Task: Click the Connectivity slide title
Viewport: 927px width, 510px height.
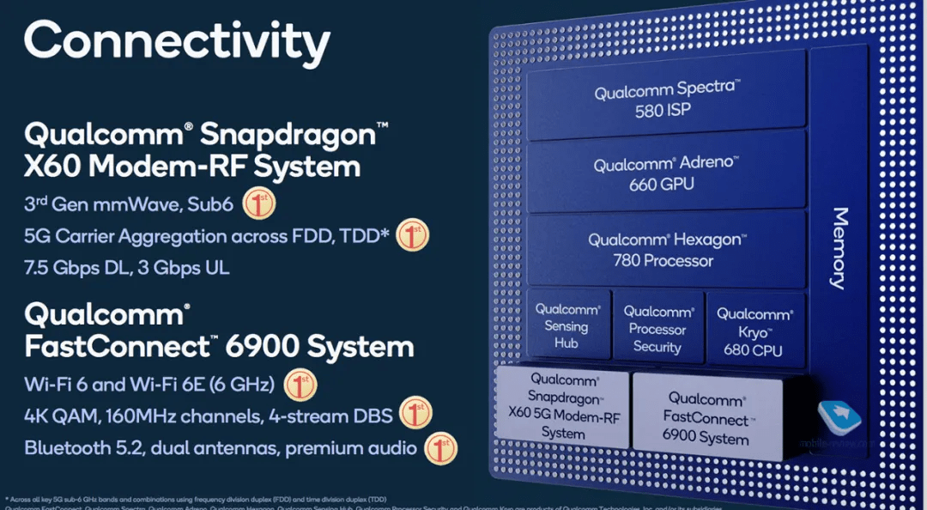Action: coord(177,40)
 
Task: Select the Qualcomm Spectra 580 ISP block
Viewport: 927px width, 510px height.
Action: coord(666,98)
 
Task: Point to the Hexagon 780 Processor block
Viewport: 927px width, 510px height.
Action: coord(666,250)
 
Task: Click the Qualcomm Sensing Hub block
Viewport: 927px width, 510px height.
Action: coord(566,326)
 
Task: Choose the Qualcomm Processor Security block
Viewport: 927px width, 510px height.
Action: coord(657,329)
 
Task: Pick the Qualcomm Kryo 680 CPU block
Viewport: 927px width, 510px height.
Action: coord(754,331)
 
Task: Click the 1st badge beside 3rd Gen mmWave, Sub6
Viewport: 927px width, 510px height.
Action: coord(259,204)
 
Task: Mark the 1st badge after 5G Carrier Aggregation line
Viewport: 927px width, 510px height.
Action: coord(412,235)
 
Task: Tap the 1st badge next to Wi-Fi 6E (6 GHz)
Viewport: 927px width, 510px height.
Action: coord(300,383)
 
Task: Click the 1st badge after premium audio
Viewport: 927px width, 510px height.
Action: coord(441,447)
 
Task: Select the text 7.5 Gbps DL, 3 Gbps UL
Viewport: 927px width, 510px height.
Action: coord(127,267)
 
